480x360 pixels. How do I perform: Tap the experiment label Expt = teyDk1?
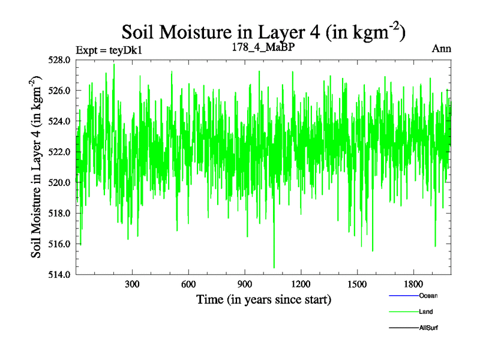pyautogui.click(x=109, y=50)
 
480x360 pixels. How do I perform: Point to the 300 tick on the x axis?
pyautogui.click(x=132, y=284)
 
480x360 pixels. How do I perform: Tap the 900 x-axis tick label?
pyautogui.click(x=245, y=284)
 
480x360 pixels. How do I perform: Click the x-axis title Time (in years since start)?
pyautogui.click(x=263, y=299)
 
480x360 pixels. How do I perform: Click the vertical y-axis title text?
pyautogui.click(x=37, y=167)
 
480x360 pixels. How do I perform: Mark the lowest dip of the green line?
pyautogui.click(x=274, y=268)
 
